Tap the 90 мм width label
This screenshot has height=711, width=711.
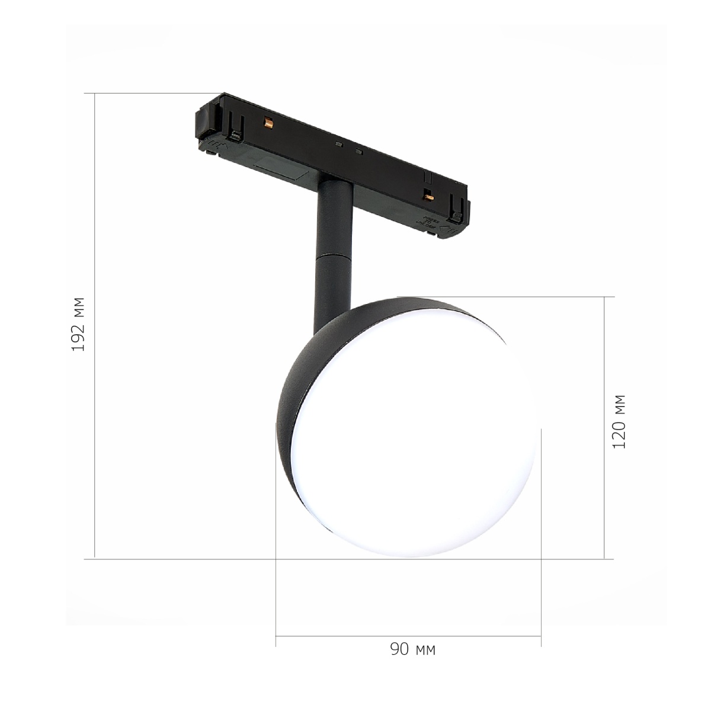[x=413, y=659]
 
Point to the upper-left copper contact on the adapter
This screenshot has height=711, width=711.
[x=268, y=123]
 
